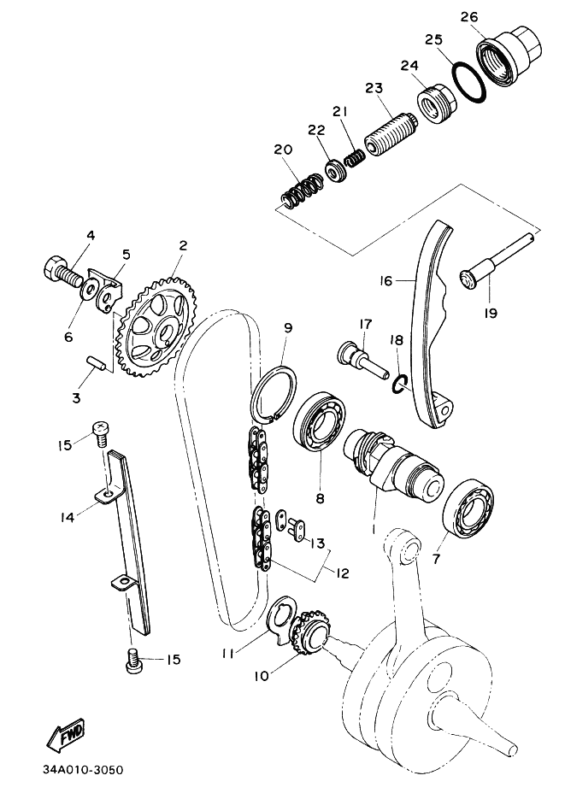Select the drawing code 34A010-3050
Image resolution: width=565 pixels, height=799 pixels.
click(79, 770)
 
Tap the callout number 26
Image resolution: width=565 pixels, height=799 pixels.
click(469, 17)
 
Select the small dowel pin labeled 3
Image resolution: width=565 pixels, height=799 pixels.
click(95, 363)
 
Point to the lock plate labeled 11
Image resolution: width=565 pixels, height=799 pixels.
click(280, 620)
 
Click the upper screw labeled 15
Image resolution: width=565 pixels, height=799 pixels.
click(101, 433)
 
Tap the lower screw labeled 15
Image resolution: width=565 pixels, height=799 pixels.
click(134, 660)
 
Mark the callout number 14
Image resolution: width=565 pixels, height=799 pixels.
click(68, 517)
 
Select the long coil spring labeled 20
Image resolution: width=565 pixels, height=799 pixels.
click(302, 191)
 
